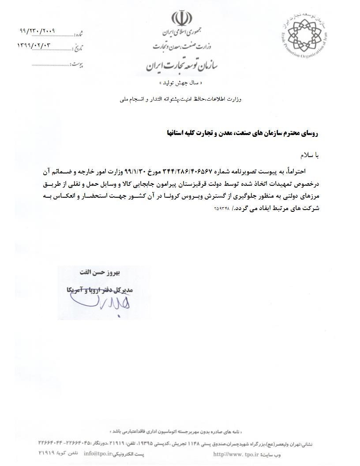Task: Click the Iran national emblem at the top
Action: pos(181,19)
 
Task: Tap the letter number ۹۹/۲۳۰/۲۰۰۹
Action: pos(37,32)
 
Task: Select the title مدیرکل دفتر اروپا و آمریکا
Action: pos(101,291)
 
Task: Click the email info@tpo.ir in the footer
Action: pos(96,453)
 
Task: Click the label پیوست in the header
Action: pos(78,65)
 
